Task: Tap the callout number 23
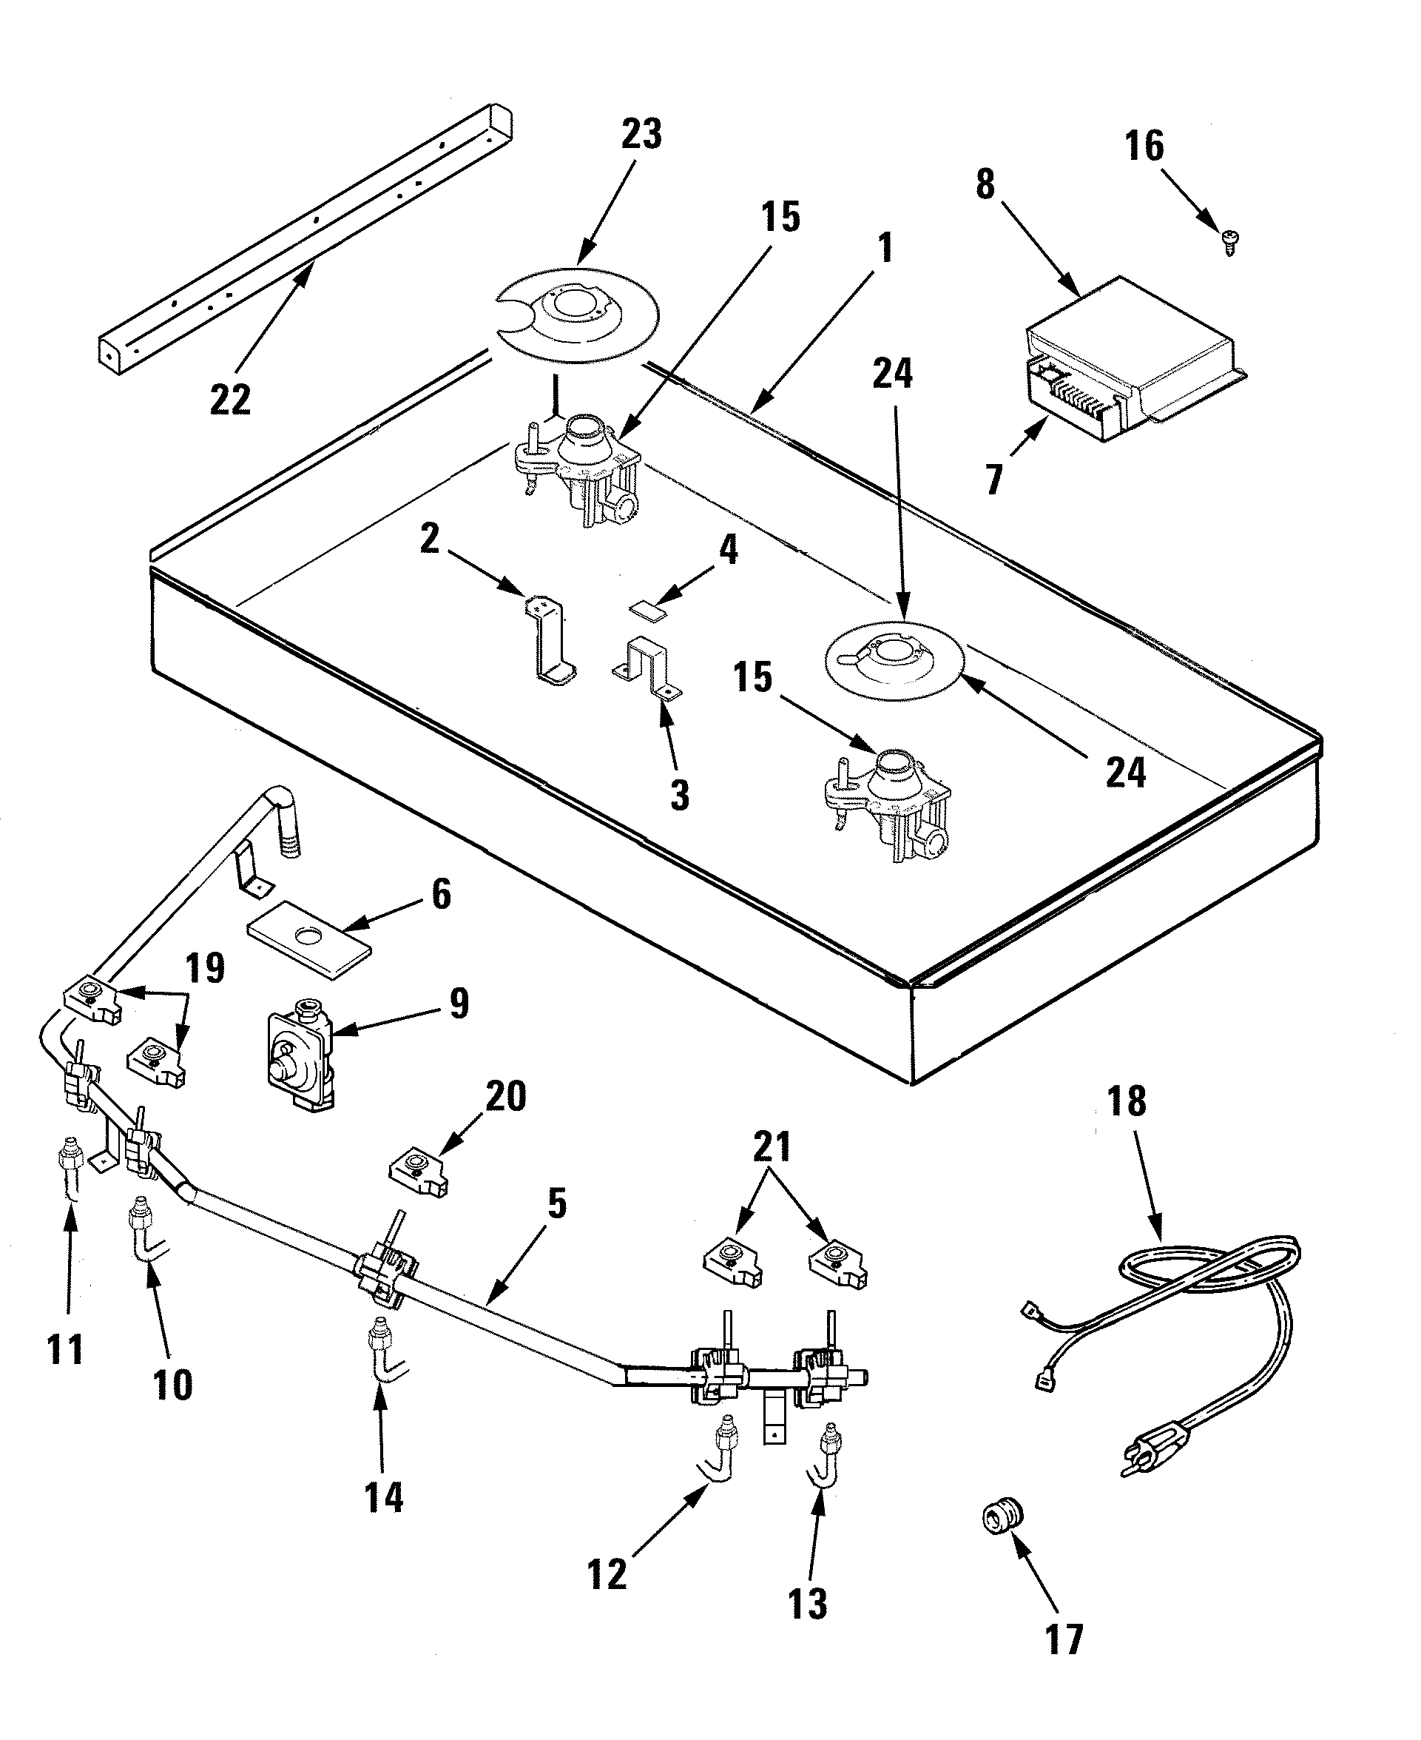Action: pyautogui.click(x=641, y=133)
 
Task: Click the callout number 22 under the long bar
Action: pyautogui.click(x=230, y=400)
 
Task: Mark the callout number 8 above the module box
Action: pyautogui.click(x=985, y=184)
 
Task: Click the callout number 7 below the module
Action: pyautogui.click(x=993, y=480)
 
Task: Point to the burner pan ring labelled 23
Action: pyautogui.click(x=579, y=315)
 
